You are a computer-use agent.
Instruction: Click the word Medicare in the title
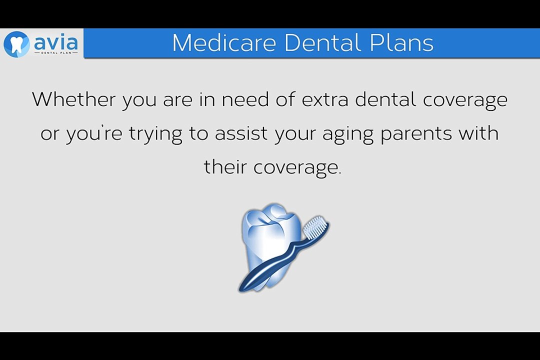click(x=224, y=42)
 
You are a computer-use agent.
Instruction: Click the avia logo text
click(x=56, y=42)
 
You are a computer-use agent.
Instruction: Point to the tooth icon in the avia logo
click(x=16, y=44)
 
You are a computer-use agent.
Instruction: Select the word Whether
click(x=74, y=99)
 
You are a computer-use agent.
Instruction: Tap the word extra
click(x=325, y=99)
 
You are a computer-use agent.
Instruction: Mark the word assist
click(x=241, y=133)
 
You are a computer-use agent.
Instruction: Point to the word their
click(x=225, y=166)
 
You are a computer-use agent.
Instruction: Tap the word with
click(x=478, y=132)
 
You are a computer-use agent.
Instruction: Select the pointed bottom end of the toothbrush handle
click(x=240, y=290)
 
